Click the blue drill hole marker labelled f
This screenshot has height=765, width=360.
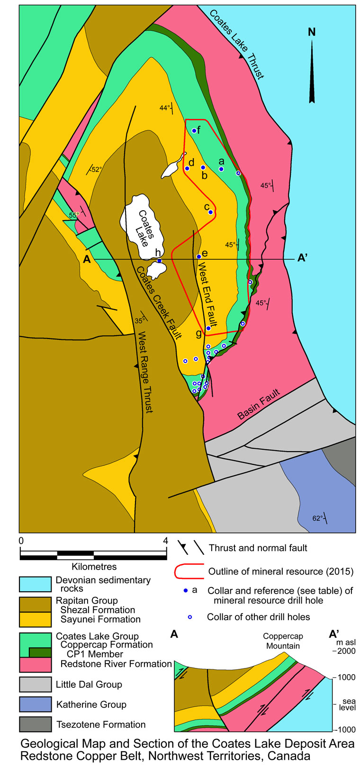[194, 131]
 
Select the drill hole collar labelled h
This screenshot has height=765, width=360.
[160, 261]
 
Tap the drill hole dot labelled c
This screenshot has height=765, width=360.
[210, 213]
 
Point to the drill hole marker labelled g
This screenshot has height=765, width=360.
[208, 328]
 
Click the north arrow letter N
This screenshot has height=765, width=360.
[312, 32]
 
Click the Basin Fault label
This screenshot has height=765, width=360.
[259, 404]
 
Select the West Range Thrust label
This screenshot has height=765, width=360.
[144, 372]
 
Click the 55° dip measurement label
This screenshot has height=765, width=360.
[74, 215]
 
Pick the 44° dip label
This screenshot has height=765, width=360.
[164, 108]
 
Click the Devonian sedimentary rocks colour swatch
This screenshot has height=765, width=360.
[35, 584]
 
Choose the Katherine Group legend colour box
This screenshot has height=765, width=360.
[35, 704]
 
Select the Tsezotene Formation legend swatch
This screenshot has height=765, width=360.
[35, 724]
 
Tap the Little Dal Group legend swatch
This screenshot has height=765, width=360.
[35, 685]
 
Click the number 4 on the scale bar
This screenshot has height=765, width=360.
[166, 541]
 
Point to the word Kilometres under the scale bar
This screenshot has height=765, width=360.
[94, 566]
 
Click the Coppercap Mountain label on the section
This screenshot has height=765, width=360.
[283, 641]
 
